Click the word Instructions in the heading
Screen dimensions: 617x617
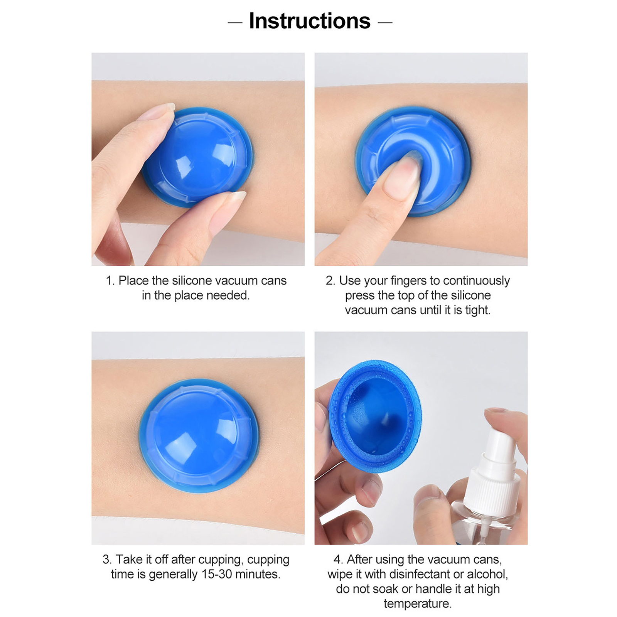pyautogui.click(x=310, y=21)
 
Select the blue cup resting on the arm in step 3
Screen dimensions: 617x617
pyautogui.click(x=199, y=436)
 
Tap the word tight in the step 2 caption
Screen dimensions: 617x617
pyautogui.click(x=477, y=310)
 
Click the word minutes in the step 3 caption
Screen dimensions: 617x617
pyautogui.click(x=258, y=574)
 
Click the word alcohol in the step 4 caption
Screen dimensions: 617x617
pyautogui.click(x=487, y=574)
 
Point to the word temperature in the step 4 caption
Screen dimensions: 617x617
pyautogui.click(x=417, y=604)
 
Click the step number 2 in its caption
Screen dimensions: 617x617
pyautogui.click(x=330, y=281)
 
